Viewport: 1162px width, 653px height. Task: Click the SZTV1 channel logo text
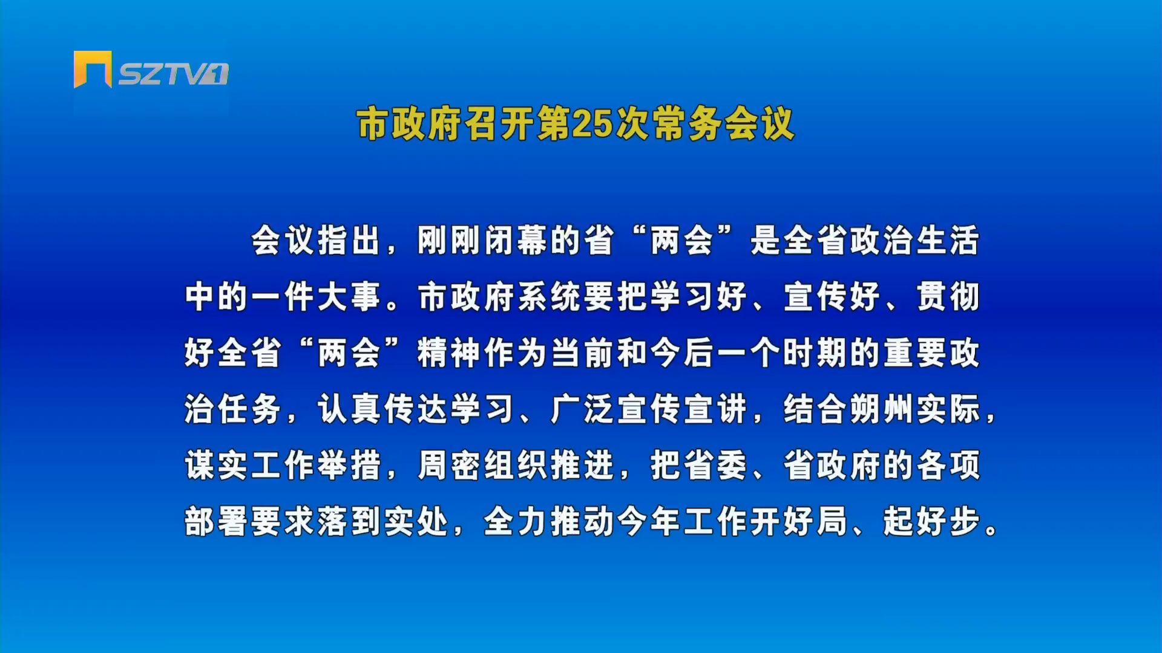point(173,74)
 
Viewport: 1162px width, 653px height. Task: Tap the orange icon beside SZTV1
point(93,69)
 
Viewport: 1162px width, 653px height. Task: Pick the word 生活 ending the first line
point(948,240)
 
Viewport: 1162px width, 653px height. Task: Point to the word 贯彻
point(948,296)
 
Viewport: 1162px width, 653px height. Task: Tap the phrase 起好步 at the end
point(931,521)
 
